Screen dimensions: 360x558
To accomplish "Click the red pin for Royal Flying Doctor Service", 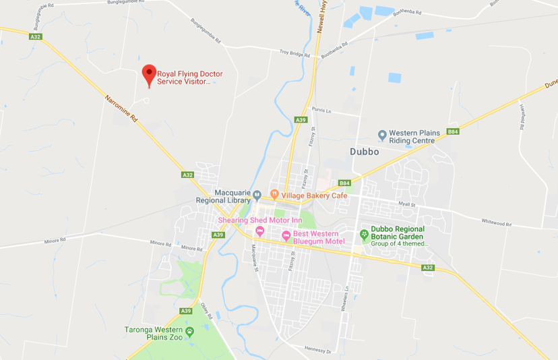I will (149, 73).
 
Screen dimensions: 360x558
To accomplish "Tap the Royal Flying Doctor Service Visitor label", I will (189, 78).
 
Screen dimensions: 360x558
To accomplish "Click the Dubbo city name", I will (365, 152).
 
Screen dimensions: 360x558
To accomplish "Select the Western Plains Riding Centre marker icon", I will (382, 136).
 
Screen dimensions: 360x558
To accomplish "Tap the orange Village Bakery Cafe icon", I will (274, 195).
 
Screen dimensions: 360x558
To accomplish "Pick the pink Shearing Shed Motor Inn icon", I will (259, 232).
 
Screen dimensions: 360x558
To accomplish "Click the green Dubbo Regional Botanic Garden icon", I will (364, 234).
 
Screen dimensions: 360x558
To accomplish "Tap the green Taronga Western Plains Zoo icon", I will (189, 331).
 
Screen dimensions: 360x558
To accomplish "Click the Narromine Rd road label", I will (121, 108).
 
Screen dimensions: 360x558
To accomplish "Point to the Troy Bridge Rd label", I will (294, 53).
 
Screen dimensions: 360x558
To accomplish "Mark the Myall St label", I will (406, 202).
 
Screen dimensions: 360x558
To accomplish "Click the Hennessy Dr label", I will (318, 350).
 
